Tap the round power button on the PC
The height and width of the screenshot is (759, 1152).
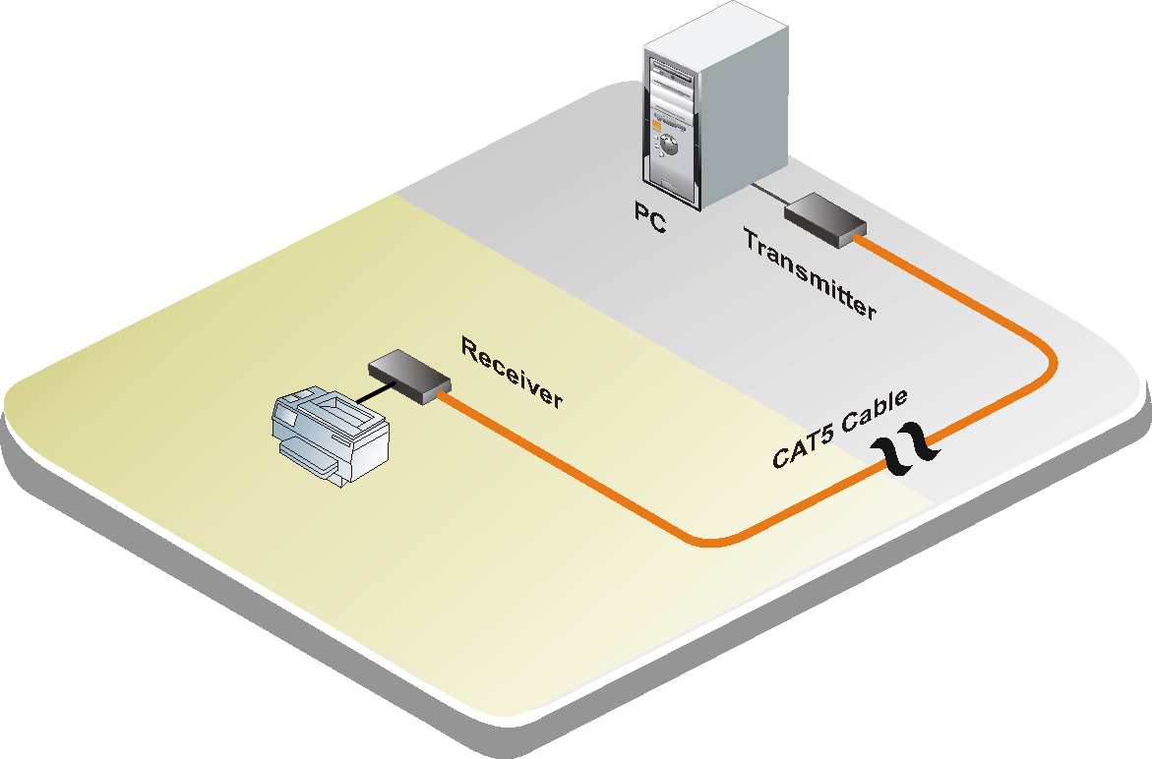point(668,145)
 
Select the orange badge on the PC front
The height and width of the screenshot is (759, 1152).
point(656,125)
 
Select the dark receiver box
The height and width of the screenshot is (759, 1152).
point(409,375)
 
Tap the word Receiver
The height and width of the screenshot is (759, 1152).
point(512,373)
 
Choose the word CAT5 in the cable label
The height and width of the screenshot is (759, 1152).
point(800,447)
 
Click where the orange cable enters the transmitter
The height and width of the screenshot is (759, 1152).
point(861,236)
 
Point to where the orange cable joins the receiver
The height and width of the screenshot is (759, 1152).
point(445,395)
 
